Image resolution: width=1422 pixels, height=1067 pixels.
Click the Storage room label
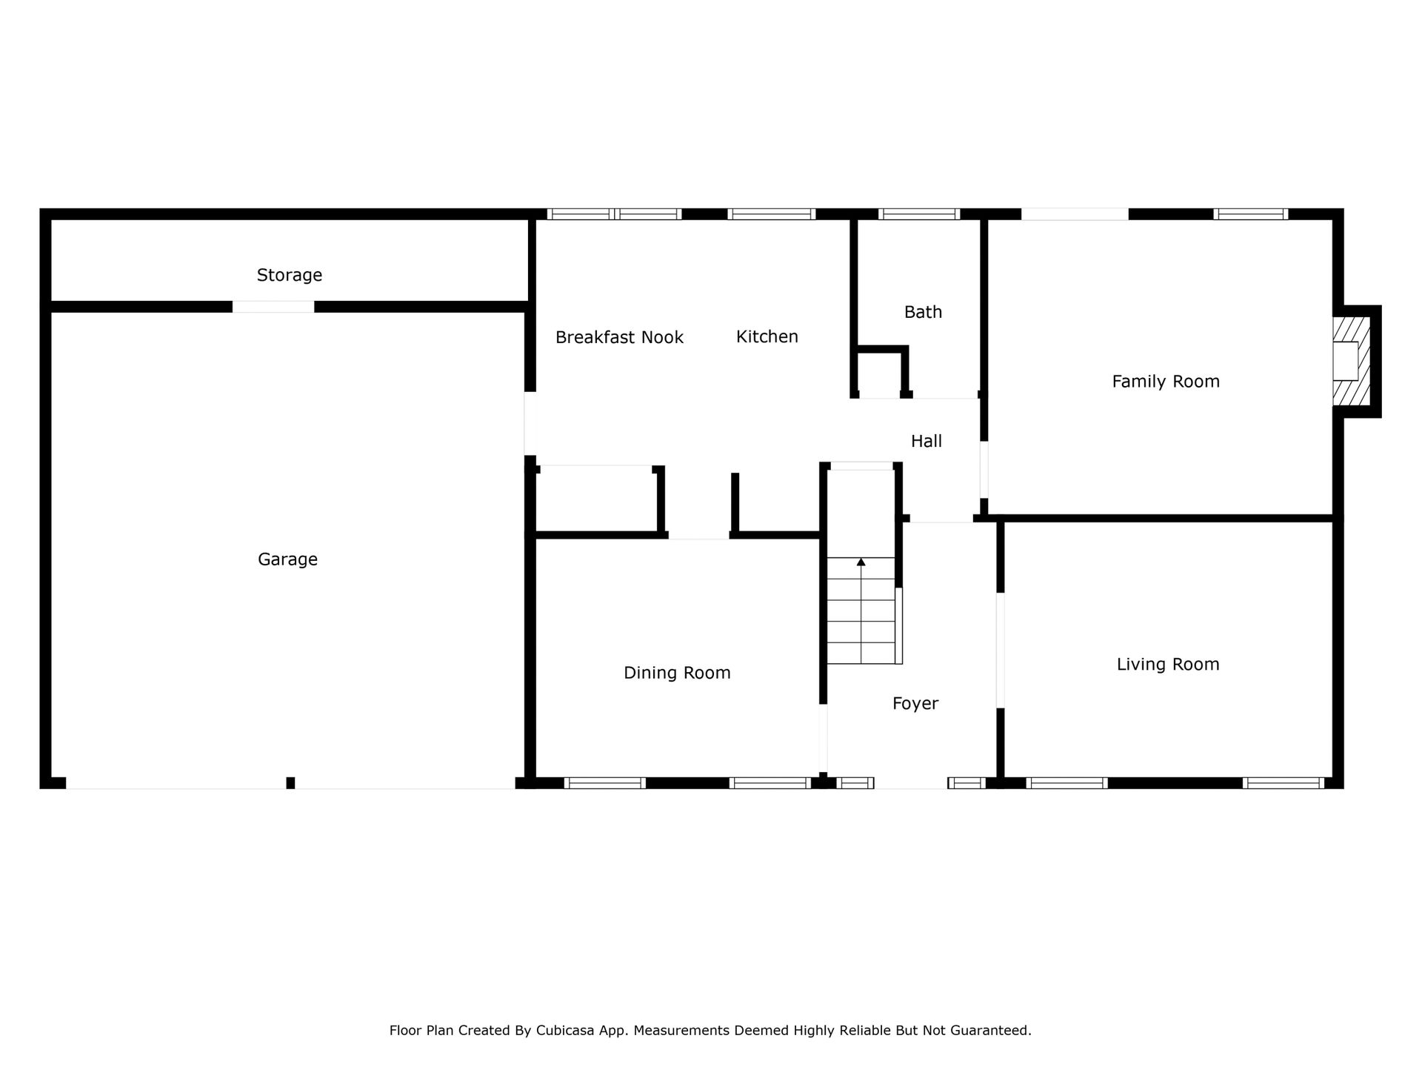coord(289,276)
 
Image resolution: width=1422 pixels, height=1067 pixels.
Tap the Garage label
coord(287,559)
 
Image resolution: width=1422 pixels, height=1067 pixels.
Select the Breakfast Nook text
coord(619,337)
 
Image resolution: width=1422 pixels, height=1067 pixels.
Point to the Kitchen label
coord(767,336)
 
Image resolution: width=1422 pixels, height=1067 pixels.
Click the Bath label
coord(923,312)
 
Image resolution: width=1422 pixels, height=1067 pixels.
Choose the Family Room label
coord(1166,382)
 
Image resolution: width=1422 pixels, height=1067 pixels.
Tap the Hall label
coord(927,442)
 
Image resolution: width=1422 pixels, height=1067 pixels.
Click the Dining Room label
coord(677,673)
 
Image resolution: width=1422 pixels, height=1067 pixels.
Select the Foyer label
coord(915,703)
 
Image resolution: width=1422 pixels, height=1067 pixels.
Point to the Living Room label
coord(1168,665)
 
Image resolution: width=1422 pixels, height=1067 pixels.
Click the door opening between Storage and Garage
coord(273,307)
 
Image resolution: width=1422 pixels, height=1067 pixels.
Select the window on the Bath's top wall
coord(919,214)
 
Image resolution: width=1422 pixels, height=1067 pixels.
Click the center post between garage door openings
coord(290,783)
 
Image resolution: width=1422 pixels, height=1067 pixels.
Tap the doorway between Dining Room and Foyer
coord(823,738)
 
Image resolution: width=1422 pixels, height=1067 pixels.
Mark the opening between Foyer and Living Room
coord(1000,651)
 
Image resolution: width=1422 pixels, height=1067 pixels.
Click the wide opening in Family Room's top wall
coord(1075,214)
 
